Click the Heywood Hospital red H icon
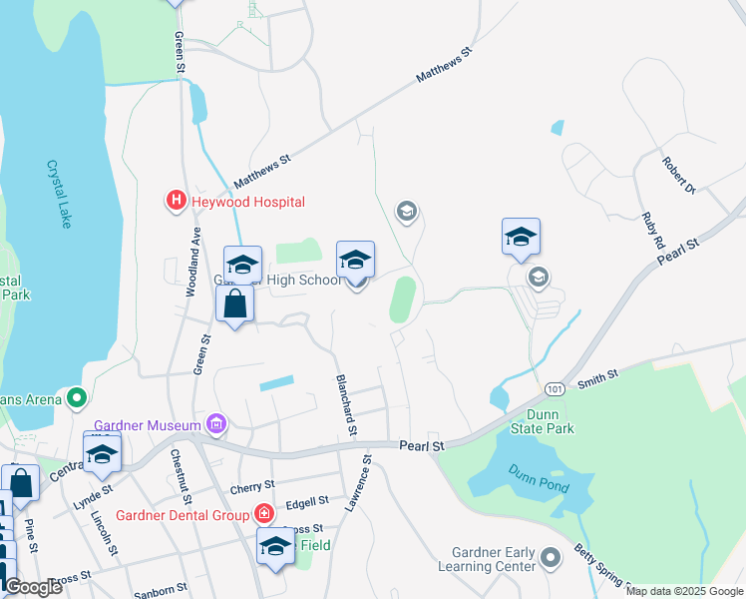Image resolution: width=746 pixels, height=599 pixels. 177,201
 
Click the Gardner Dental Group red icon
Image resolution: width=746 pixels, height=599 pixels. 264,515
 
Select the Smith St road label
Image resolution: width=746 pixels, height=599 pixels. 597,376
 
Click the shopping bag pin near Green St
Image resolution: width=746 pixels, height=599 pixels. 234,303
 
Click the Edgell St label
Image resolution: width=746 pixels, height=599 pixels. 307,501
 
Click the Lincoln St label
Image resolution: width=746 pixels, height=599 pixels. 104,535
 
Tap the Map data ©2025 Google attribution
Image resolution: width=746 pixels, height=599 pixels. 684,591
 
